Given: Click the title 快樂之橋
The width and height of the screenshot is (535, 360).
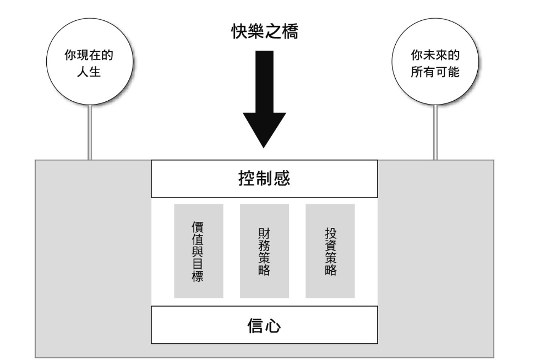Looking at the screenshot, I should click(264, 31).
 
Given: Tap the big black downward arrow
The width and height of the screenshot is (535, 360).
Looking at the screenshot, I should click(264, 105).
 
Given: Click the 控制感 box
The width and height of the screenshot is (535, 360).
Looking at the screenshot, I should click(264, 178).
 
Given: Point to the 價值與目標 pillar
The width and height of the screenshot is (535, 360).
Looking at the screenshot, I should click(198, 251).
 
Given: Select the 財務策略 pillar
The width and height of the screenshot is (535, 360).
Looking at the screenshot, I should click(264, 251).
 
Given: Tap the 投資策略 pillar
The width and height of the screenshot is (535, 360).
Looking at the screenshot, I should click(330, 251).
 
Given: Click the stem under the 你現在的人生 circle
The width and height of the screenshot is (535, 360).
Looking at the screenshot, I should click(89, 132).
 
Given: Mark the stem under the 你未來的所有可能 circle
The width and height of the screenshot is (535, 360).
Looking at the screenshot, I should click(435, 132).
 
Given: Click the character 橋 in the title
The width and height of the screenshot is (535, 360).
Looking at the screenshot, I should click(290, 31).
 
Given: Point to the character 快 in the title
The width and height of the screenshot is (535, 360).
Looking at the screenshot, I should click(239, 31).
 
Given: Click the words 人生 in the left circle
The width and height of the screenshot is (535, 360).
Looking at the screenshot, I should click(89, 72).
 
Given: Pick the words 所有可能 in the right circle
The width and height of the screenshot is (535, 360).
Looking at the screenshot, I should click(435, 72).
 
